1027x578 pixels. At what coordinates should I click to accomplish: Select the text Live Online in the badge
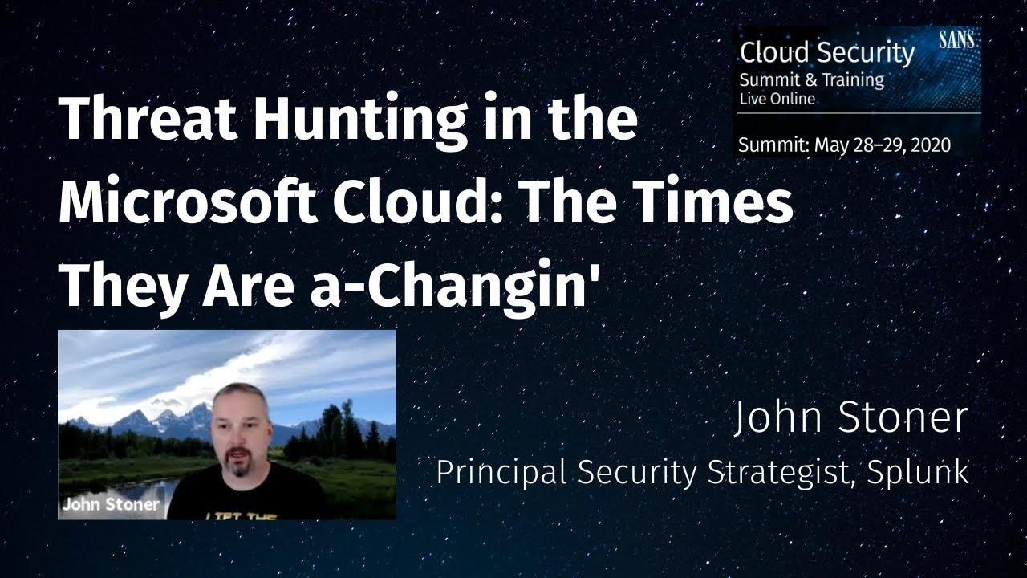[x=777, y=99]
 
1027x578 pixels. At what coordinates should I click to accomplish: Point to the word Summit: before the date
[x=773, y=145]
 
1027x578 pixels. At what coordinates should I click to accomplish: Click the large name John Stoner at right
[x=850, y=419]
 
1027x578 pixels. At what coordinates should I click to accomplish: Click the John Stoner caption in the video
[x=111, y=505]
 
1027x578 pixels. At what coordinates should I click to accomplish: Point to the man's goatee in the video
[x=242, y=470]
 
